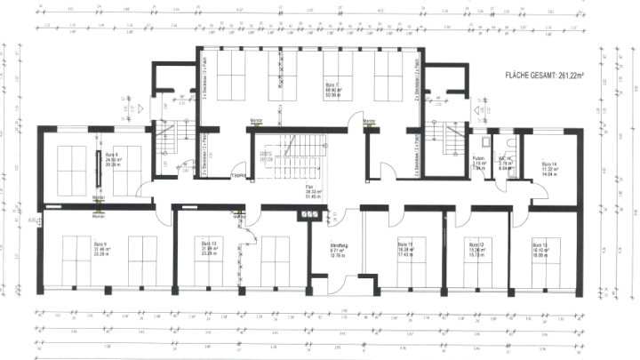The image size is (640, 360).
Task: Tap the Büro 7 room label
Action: [330, 87]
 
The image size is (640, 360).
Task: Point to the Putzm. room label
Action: [478, 162]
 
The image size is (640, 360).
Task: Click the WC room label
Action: [502, 162]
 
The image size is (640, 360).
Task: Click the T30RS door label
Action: [238, 175]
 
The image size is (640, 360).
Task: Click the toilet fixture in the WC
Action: [506, 142]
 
